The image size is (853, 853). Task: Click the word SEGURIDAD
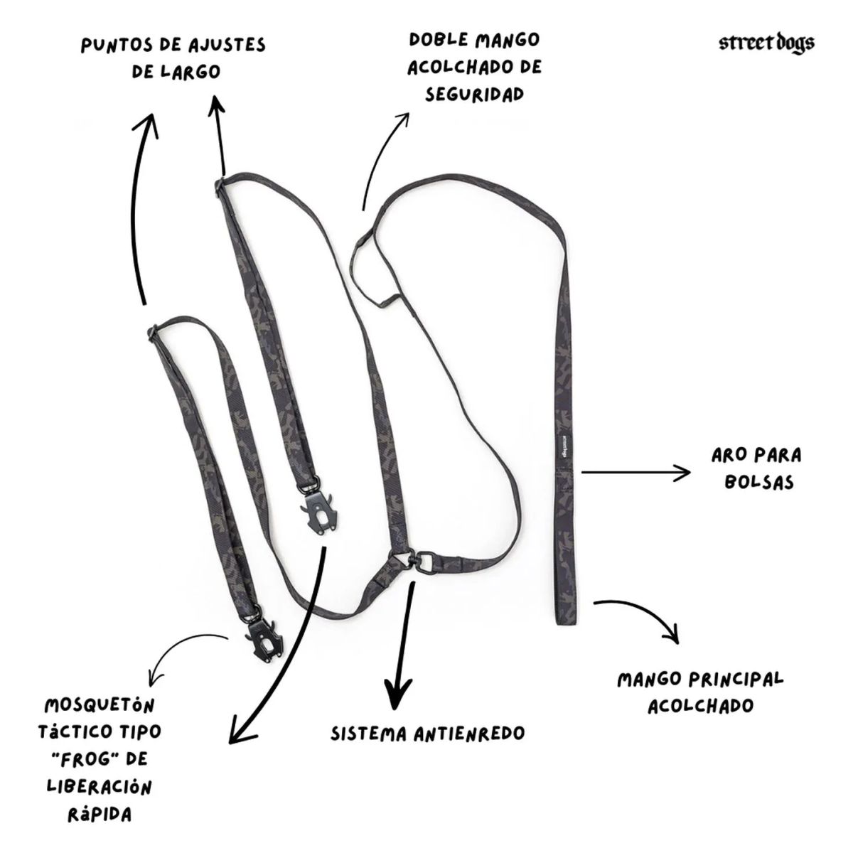(x=474, y=95)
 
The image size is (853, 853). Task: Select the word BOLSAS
(x=758, y=482)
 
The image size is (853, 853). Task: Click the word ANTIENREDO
(x=469, y=734)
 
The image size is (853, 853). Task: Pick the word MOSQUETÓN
(x=100, y=705)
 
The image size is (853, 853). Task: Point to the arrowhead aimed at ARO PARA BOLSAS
(x=684, y=473)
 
